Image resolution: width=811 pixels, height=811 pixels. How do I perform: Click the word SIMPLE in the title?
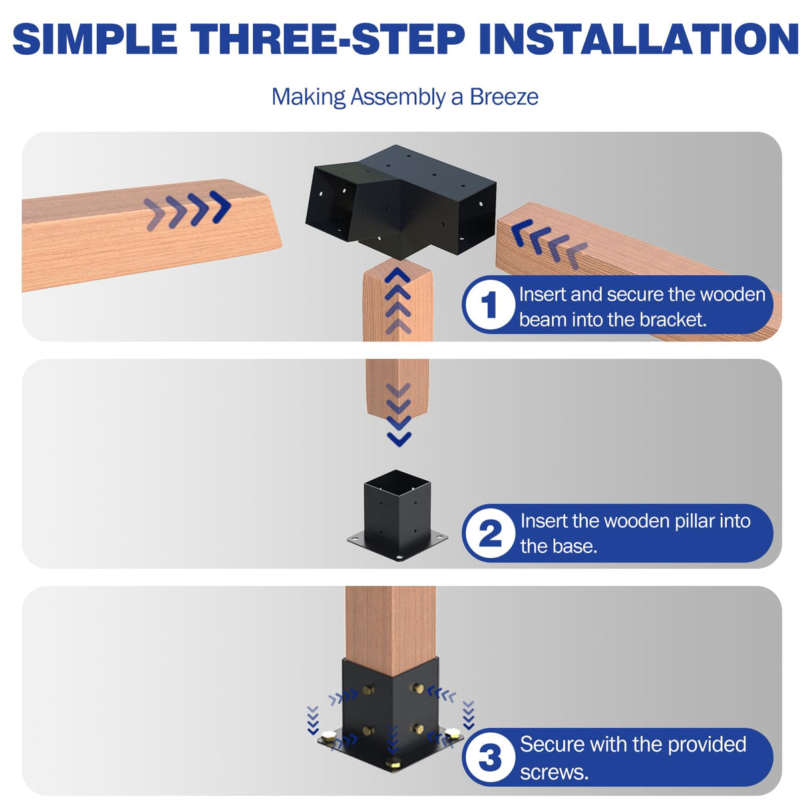tap(95, 39)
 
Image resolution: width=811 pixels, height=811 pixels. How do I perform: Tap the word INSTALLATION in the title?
tap(639, 39)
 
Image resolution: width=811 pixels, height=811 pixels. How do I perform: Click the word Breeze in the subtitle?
tap(504, 97)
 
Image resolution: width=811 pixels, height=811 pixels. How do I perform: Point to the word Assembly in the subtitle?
tap(397, 98)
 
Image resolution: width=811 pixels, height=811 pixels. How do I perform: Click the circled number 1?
tap(490, 305)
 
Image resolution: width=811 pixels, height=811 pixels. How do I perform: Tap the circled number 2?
tap(490, 533)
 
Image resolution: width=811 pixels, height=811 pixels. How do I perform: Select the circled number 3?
tap(490, 758)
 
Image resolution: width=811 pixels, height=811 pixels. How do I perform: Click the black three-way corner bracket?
tap(401, 200)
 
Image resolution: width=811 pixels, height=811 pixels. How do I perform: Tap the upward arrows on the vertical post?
tap(398, 301)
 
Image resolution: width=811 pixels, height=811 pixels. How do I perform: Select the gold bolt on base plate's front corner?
tap(393, 763)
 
